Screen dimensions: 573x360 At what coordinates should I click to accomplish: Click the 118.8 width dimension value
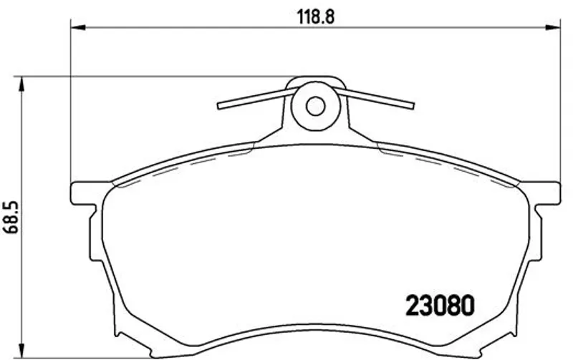316,16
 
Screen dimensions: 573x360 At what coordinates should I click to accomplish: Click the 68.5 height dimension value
10,218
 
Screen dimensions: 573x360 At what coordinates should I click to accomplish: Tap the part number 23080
440,306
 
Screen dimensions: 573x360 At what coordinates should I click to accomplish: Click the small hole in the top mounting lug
315,106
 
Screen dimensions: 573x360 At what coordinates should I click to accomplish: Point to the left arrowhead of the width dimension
77,27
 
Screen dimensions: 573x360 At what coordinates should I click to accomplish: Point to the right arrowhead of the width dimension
552,27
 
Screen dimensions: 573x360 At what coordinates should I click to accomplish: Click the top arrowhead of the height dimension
22,84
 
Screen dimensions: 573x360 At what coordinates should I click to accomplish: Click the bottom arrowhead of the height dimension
22,351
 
